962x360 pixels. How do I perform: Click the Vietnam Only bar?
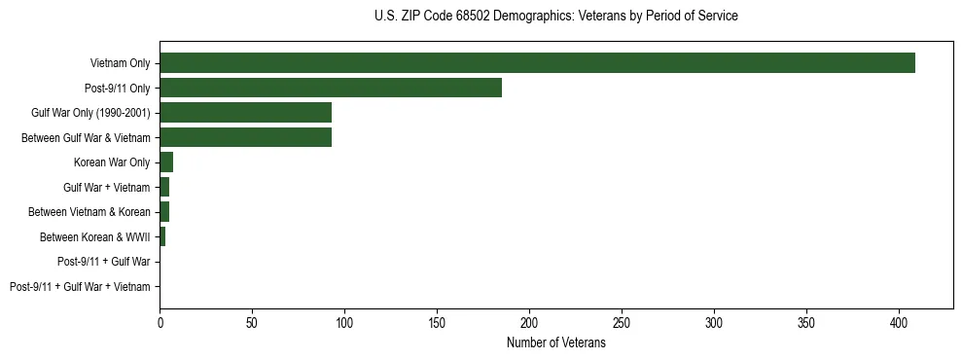click(x=537, y=63)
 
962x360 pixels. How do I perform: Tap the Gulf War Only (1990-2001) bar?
click(x=245, y=113)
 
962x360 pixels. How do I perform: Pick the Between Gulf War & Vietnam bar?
click(x=245, y=137)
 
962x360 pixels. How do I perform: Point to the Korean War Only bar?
click(x=166, y=162)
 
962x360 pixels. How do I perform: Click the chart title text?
click(x=555, y=17)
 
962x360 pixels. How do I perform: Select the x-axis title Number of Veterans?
click(x=555, y=343)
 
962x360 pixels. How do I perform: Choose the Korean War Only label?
click(x=112, y=162)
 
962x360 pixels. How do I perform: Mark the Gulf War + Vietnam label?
click(x=107, y=188)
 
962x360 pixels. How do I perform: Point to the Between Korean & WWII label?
click(x=95, y=237)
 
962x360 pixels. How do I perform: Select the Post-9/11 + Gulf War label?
click(x=104, y=262)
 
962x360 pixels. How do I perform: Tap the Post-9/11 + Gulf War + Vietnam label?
click(x=80, y=287)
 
